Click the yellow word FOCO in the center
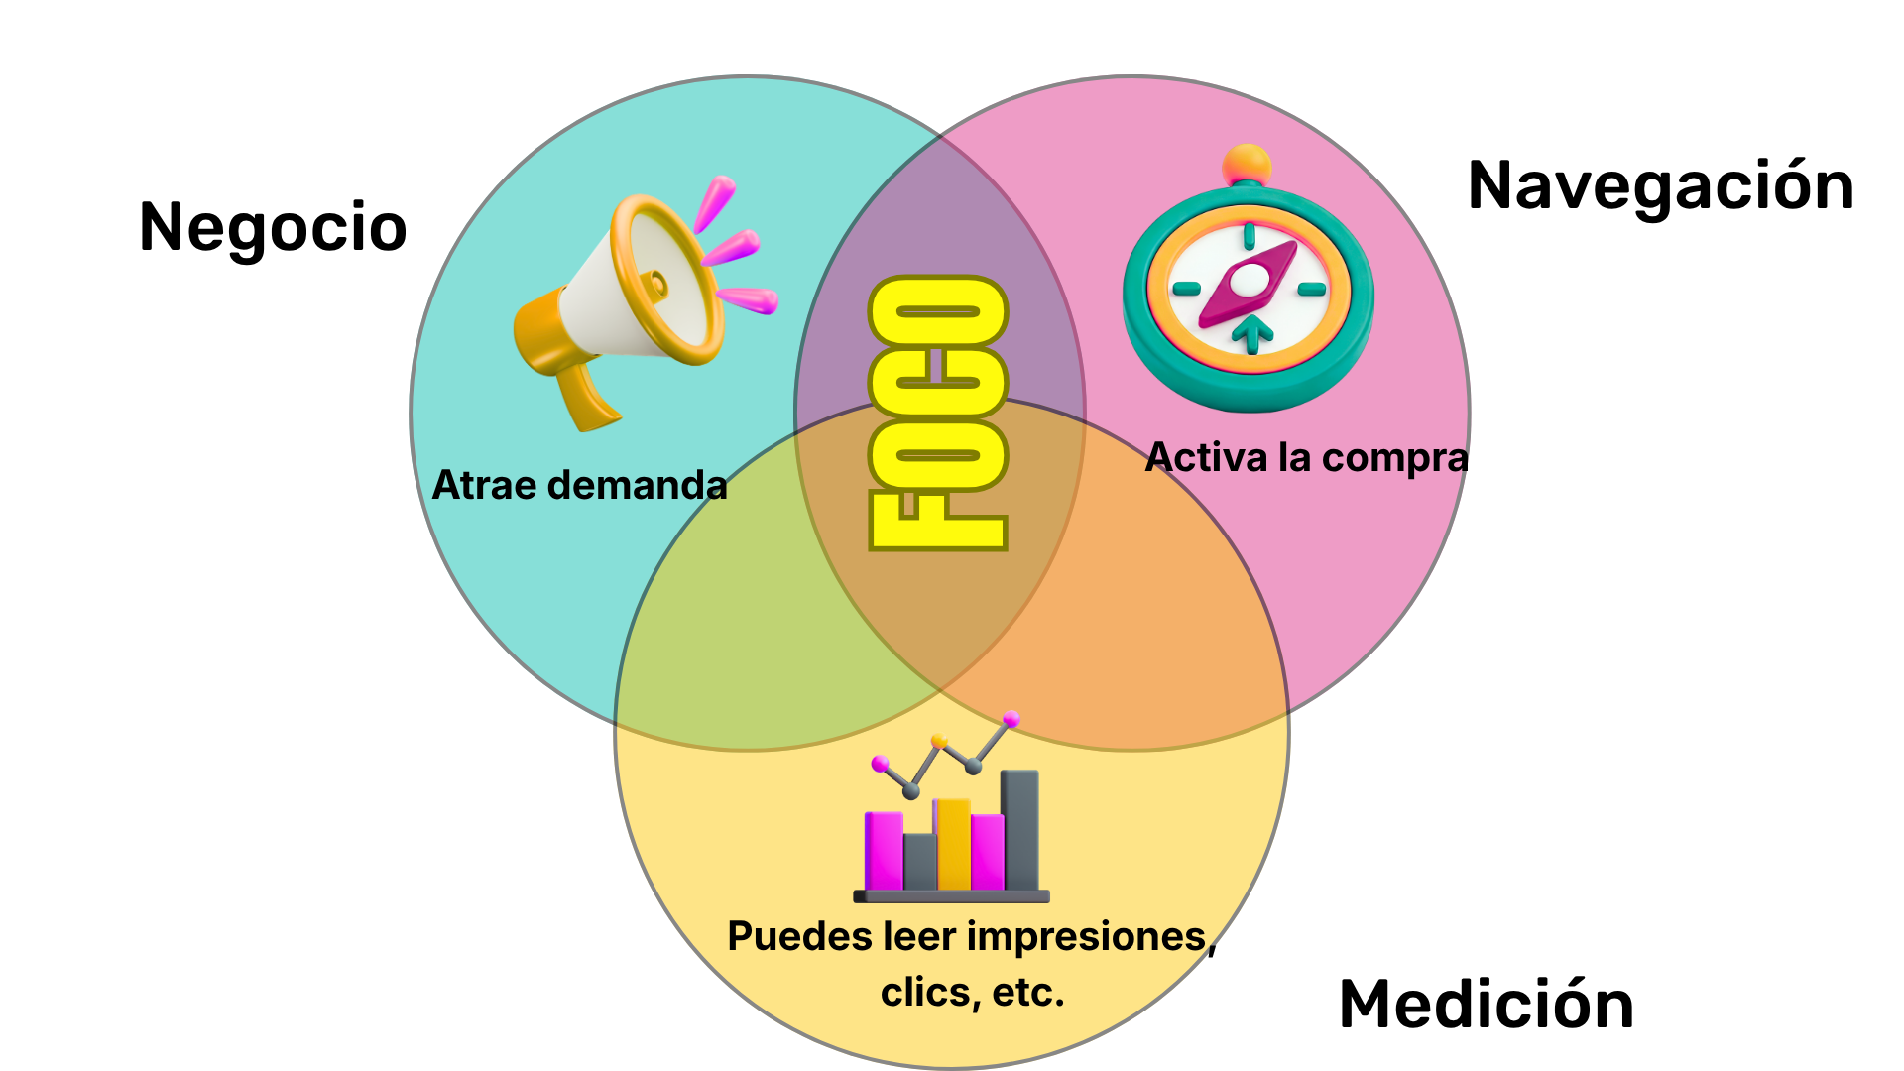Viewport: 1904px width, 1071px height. click(938, 413)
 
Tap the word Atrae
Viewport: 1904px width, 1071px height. click(485, 485)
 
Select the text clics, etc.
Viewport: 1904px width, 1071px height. click(972, 992)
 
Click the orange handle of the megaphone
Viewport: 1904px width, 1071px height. click(585, 397)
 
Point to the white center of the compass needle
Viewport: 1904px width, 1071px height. click(1247, 282)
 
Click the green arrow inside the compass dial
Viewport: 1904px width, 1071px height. click(1252, 332)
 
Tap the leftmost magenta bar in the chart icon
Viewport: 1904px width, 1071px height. click(883, 850)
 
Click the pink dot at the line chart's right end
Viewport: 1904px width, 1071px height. click(1011, 718)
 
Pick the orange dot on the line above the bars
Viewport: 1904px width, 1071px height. click(939, 740)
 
